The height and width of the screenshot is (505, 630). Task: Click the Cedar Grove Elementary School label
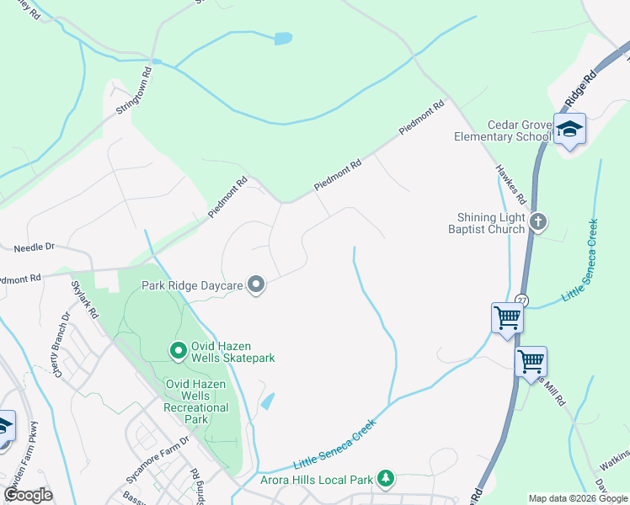click(502, 130)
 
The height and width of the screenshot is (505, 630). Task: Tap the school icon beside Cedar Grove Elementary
click(569, 129)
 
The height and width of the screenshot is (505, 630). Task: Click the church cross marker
click(539, 222)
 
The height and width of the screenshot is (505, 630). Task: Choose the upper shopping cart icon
click(507, 318)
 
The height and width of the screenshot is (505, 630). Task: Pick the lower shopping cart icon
click(531, 362)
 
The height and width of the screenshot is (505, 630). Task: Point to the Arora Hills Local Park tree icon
click(385, 479)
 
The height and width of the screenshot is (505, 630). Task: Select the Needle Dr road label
click(34, 247)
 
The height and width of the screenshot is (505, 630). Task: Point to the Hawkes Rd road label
click(511, 186)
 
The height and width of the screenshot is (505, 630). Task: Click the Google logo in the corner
click(28, 495)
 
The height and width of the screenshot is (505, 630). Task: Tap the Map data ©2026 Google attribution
click(577, 498)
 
